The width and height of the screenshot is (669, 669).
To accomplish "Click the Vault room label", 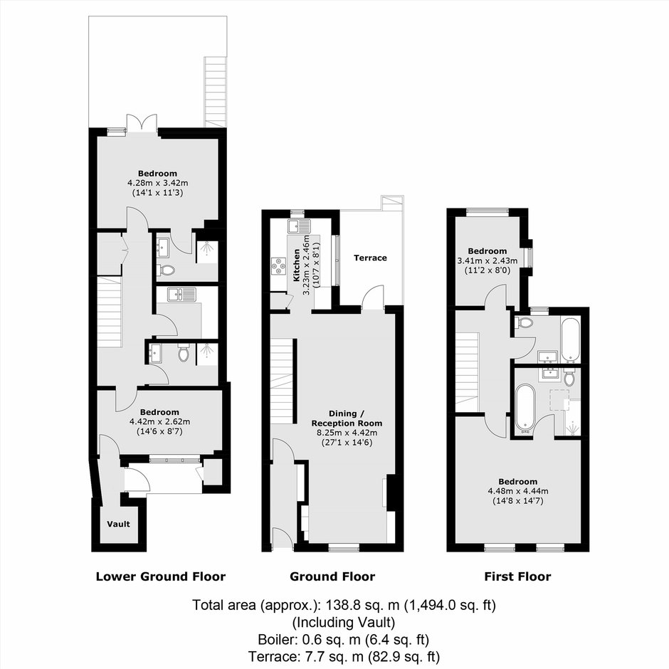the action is [x=119, y=524].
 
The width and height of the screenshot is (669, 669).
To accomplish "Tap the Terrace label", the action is [x=370, y=258].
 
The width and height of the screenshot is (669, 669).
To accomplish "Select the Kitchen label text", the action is [x=296, y=265].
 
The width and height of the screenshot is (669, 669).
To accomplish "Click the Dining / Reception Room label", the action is [x=347, y=418].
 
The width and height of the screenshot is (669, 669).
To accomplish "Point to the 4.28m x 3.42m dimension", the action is [x=158, y=183].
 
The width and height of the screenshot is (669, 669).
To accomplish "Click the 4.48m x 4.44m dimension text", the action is [x=518, y=491].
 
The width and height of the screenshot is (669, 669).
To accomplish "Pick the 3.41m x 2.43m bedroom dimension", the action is [x=488, y=260].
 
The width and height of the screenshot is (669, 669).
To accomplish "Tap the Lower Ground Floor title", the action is [x=161, y=577].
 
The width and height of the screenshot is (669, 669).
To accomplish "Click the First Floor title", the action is [x=517, y=577].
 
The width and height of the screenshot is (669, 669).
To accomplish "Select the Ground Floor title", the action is [x=332, y=577].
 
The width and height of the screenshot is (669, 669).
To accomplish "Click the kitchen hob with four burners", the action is [x=279, y=265].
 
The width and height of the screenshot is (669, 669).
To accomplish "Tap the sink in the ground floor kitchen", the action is [x=300, y=226].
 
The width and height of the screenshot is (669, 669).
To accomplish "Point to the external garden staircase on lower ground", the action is [x=215, y=92].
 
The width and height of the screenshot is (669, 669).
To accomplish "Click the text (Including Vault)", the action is [x=344, y=623].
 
